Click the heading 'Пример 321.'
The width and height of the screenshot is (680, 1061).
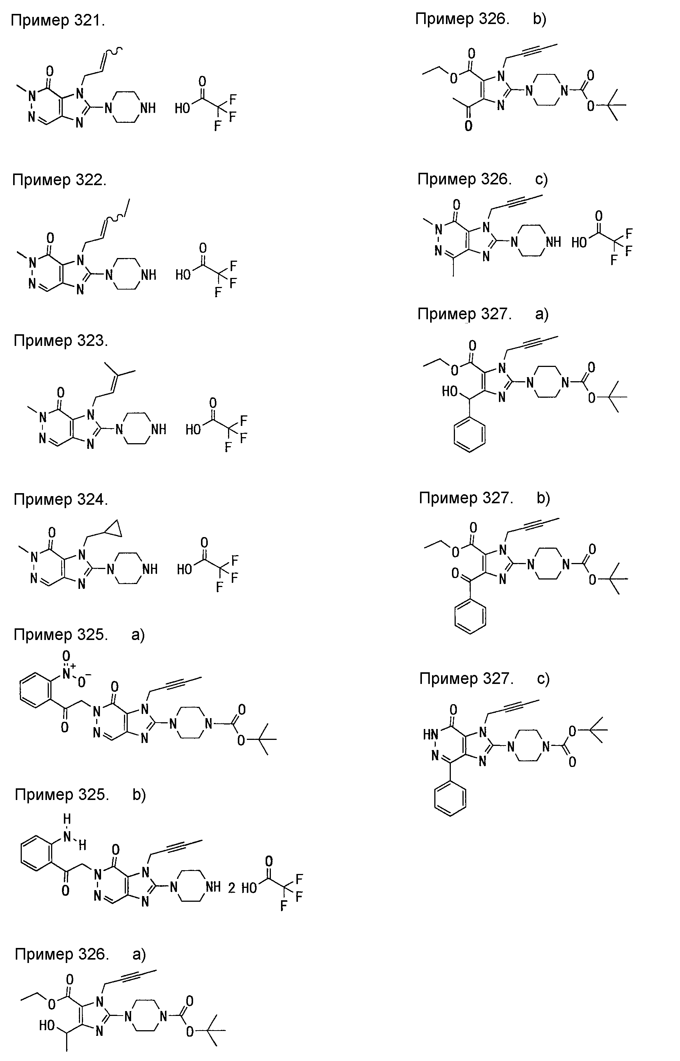click(58, 21)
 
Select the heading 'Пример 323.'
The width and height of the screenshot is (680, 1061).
click(60, 340)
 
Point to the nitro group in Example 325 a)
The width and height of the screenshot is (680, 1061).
click(72, 672)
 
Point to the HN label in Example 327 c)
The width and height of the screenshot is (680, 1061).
click(431, 734)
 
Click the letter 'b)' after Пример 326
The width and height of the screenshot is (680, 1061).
click(539, 20)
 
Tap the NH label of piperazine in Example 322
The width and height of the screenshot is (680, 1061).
click(148, 275)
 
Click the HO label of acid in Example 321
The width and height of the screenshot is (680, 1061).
click(182, 108)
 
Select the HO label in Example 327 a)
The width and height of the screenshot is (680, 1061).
click(450, 391)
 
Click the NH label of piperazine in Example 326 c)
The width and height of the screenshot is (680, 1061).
click(553, 242)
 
